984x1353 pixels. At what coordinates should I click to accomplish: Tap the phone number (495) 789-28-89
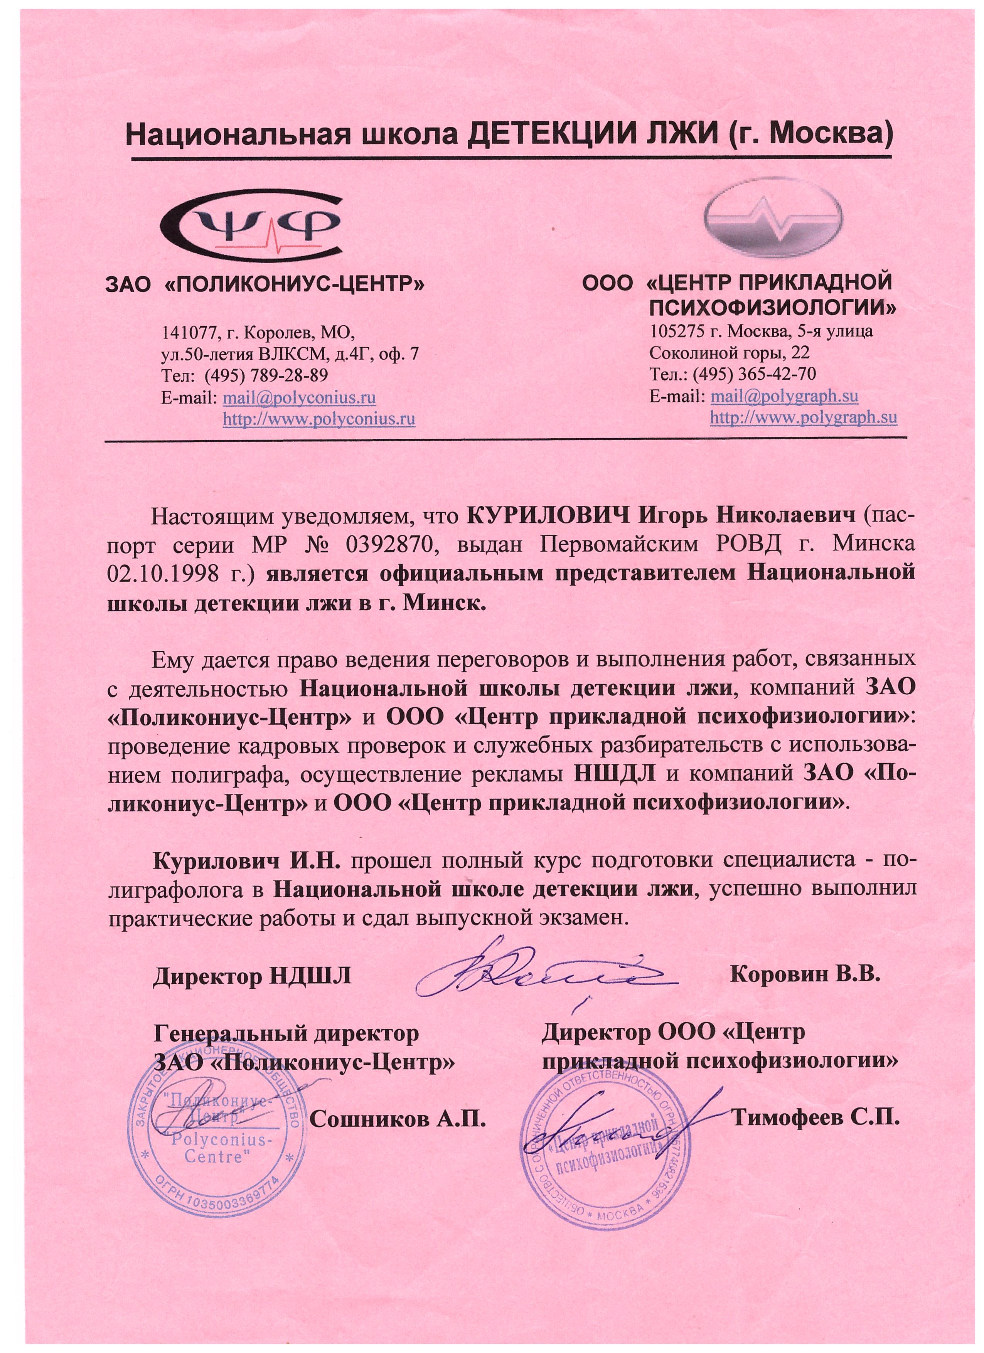[x=266, y=375]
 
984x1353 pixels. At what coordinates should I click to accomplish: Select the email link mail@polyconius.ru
[x=299, y=397]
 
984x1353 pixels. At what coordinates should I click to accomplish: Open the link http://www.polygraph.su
[x=803, y=417]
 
